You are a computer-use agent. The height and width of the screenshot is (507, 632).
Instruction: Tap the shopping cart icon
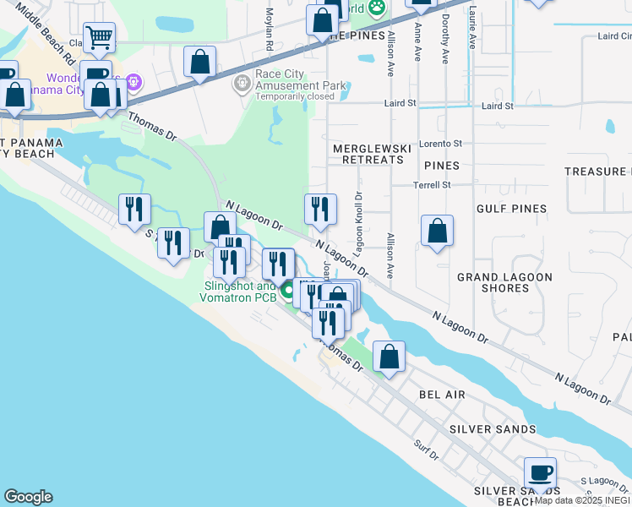pos(100,38)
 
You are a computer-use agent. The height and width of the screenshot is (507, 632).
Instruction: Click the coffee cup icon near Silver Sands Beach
pos(540,472)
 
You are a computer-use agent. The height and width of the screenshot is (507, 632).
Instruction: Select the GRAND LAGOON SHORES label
pos(504,283)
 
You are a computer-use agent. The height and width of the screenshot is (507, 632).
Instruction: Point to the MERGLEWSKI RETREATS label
pos(372,154)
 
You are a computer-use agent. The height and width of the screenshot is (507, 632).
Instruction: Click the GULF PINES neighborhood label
pos(511,208)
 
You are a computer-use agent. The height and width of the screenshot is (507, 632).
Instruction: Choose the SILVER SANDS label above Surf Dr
pos(493,429)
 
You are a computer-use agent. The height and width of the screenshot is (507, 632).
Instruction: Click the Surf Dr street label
pos(428,455)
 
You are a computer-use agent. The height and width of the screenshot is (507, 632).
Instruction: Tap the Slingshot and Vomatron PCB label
pos(239,292)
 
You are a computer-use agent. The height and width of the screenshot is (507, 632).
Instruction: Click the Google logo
pos(28,497)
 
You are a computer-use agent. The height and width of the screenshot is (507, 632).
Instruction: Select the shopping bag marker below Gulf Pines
pos(437,231)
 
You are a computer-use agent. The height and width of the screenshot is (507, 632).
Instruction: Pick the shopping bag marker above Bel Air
pos(389,357)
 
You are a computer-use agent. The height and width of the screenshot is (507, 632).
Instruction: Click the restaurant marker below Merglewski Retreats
pos(320,210)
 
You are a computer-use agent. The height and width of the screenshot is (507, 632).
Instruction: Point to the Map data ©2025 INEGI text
pos(582,500)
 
